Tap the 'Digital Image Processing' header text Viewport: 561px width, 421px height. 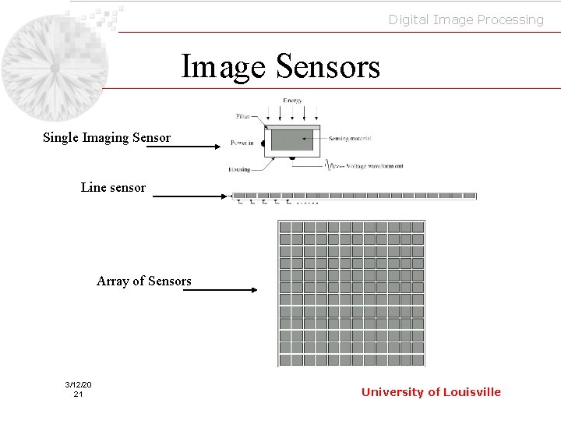point(466,19)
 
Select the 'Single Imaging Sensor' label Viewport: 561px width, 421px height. point(107,138)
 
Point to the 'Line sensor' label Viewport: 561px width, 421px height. point(113,187)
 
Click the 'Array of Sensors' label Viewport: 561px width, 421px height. point(143,281)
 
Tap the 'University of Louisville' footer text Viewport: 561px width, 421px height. point(431,392)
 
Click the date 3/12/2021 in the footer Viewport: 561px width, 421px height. point(78,390)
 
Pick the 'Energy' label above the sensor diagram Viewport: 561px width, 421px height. point(292,101)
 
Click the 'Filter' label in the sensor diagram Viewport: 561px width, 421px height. point(243,117)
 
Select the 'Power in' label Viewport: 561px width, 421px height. point(242,143)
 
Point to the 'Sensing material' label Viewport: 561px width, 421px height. point(349,139)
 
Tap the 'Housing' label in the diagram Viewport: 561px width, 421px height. point(240,169)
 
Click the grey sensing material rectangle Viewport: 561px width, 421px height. point(291,140)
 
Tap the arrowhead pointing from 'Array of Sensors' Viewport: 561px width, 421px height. point(253,290)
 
